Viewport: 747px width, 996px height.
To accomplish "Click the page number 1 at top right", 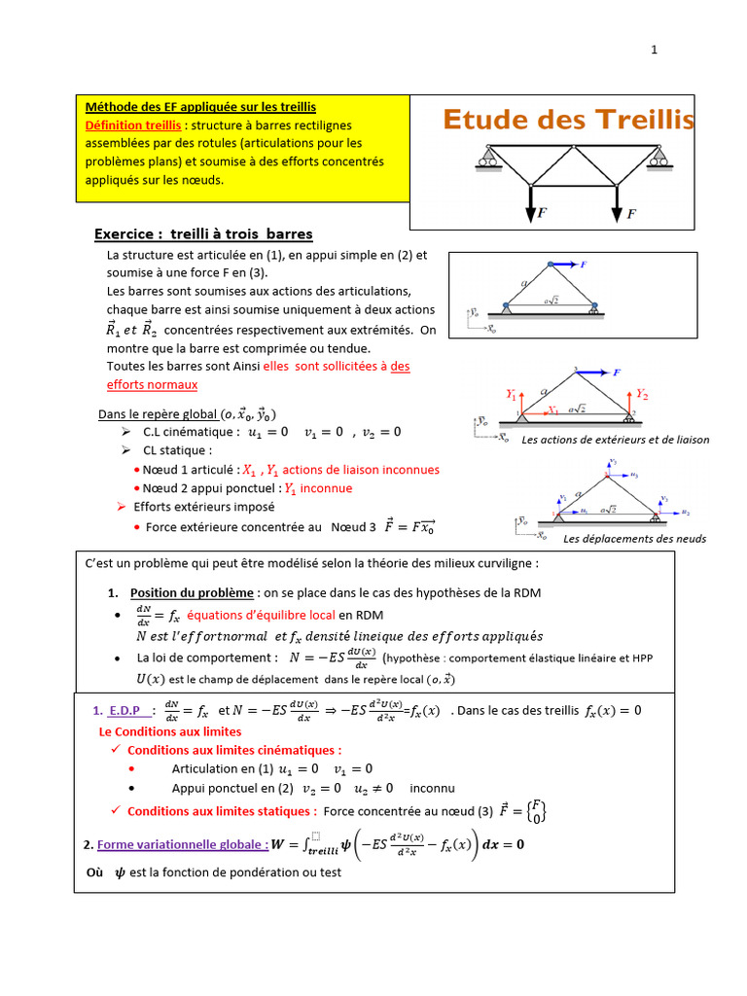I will pyautogui.click(x=655, y=52).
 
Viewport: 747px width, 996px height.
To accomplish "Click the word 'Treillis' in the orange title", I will pyautogui.click(x=645, y=120).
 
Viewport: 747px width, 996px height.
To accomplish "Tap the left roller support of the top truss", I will pyautogui.click(x=484, y=158).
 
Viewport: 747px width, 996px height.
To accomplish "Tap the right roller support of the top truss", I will pyautogui.click(x=660, y=158).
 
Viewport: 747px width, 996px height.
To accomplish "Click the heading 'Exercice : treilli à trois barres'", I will pyautogui.click(x=203, y=233).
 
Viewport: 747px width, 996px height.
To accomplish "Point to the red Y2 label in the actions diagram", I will pyautogui.click(x=642, y=394).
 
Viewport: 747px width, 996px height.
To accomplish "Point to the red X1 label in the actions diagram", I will pyautogui.click(x=552, y=410).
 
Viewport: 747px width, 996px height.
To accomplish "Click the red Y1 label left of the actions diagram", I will pyautogui.click(x=512, y=395).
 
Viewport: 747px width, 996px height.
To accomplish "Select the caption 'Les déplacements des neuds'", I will pyautogui.click(x=634, y=539).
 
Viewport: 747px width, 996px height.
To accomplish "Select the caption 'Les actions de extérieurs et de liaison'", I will pyautogui.click(x=616, y=440).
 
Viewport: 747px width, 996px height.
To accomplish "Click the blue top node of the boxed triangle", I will pyautogui.click(x=551, y=264).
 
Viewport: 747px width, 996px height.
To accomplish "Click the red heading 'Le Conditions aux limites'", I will pyautogui.click(x=170, y=731).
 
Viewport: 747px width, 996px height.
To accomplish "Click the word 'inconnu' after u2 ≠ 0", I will pyautogui.click(x=432, y=788).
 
